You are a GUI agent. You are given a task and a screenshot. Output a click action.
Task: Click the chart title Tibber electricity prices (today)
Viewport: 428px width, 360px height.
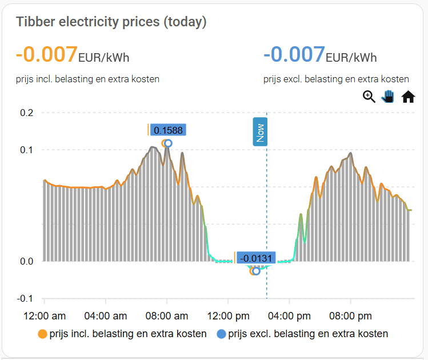pyautogui.click(x=111, y=22)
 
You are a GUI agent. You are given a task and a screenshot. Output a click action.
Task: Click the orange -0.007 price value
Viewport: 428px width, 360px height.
pyautogui.click(x=46, y=54)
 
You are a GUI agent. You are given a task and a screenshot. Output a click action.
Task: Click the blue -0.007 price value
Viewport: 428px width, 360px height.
pyautogui.click(x=294, y=54)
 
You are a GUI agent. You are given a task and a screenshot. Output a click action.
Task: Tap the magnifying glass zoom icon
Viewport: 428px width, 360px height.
pyautogui.click(x=369, y=97)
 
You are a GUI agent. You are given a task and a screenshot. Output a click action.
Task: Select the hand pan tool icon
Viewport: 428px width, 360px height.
pyautogui.click(x=389, y=97)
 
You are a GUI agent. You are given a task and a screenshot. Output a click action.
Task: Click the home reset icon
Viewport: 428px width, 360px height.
pyautogui.click(x=408, y=97)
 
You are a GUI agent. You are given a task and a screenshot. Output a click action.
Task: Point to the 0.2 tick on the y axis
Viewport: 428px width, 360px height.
pyautogui.click(x=26, y=113)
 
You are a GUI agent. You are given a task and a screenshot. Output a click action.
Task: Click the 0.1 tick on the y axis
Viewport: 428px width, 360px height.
pyautogui.click(x=26, y=150)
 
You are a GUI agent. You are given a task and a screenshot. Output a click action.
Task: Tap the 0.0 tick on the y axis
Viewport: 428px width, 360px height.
pyautogui.click(x=26, y=262)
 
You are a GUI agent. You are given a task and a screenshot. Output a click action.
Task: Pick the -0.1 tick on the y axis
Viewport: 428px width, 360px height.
pyautogui.click(x=25, y=299)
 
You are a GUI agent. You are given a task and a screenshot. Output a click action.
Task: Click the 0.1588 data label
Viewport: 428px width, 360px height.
pyautogui.click(x=168, y=130)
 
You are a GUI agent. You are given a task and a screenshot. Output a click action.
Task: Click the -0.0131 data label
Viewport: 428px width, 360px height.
pyautogui.click(x=255, y=258)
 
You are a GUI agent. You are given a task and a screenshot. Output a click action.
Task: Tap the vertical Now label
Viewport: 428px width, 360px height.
pyautogui.click(x=261, y=133)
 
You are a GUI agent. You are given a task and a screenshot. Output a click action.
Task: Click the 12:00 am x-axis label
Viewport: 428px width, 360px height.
pyautogui.click(x=44, y=315)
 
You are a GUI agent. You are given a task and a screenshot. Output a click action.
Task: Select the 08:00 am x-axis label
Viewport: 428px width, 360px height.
pyautogui.click(x=166, y=315)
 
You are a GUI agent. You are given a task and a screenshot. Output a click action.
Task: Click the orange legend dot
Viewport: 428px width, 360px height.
pyautogui.click(x=42, y=334)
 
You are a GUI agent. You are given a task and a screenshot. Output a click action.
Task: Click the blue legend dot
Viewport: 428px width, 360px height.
pyautogui.click(x=221, y=334)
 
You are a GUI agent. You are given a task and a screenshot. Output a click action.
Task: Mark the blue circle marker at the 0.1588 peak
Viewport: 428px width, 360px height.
pyautogui.click(x=168, y=143)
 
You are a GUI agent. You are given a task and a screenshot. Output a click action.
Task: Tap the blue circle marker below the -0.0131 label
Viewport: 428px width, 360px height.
pyautogui.click(x=256, y=271)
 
